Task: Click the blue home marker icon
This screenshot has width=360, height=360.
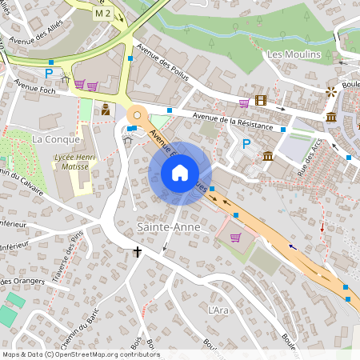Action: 180,173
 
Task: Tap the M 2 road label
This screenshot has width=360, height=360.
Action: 103,14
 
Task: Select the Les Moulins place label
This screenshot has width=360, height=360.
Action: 294,54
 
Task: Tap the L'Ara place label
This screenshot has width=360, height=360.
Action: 218,310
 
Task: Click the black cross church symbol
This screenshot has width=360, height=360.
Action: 137,253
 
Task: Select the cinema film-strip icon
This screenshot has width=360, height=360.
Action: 260,101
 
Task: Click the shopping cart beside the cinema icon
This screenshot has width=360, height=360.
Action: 244,102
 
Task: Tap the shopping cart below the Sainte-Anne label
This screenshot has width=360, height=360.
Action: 235,237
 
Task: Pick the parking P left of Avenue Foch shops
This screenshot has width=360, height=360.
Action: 49,74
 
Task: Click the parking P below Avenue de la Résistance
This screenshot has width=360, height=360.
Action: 246,144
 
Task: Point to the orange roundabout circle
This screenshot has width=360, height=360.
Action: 137,115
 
